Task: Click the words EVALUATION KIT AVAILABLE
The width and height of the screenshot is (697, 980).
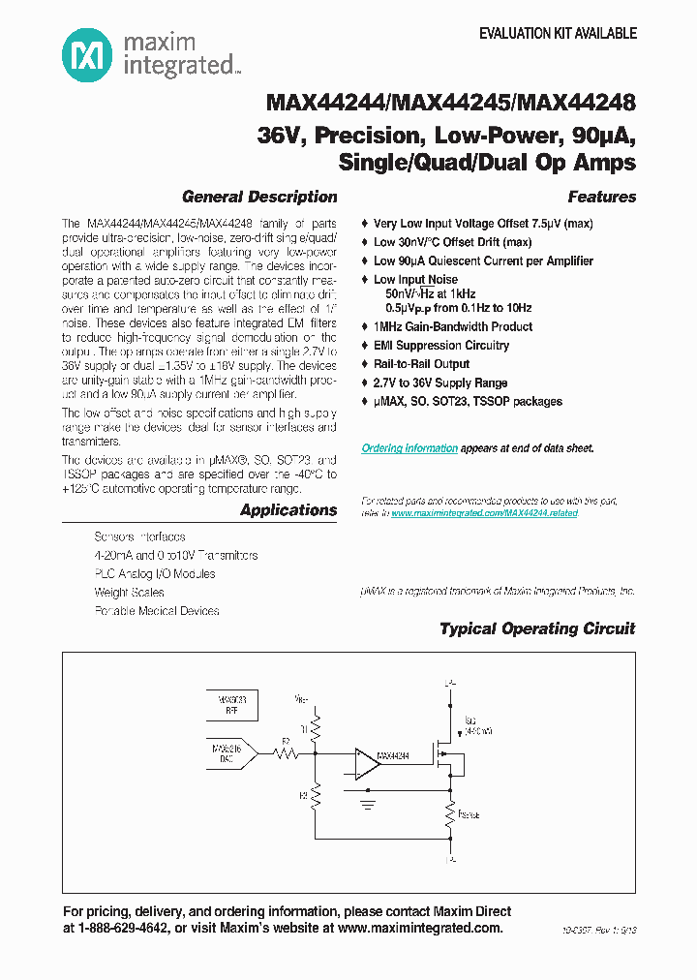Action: [x=559, y=33]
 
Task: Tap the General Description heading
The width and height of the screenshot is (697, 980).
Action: [x=259, y=197]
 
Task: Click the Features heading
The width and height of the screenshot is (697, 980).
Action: [x=601, y=197]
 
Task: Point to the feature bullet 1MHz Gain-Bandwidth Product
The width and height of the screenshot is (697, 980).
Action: [x=453, y=327]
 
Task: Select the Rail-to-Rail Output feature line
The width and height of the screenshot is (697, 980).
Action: [x=421, y=364]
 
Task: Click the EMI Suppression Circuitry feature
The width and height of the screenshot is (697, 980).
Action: [x=440, y=346]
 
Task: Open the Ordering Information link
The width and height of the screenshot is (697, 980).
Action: [x=409, y=448]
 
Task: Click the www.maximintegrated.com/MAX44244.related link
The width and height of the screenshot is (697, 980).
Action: [x=484, y=513]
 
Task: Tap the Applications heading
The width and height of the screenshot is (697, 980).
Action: [x=288, y=510]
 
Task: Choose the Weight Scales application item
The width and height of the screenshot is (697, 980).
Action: [x=129, y=593]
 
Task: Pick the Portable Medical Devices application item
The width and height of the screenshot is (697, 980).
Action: [x=157, y=611]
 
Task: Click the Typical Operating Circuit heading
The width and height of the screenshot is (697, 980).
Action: [x=537, y=628]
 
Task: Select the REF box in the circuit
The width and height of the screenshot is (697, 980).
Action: [x=231, y=704]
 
